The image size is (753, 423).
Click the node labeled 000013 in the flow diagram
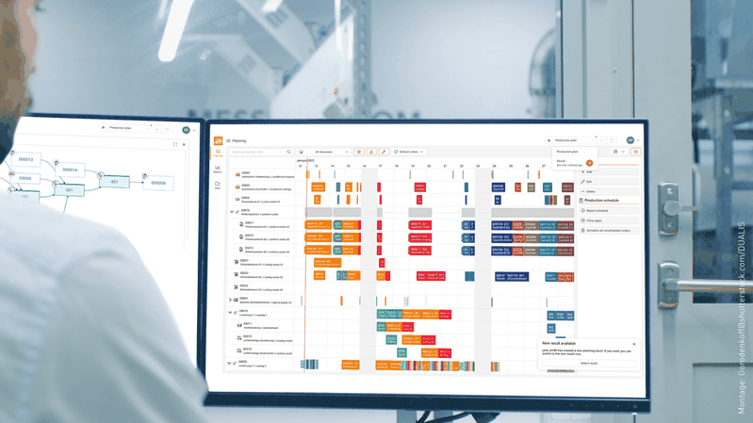pos(26,160)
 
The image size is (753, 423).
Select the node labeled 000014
pos(70,170)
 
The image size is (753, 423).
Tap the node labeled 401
pos(114,182)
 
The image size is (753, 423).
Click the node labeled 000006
pos(158,183)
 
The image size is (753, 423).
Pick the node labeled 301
pos(69,189)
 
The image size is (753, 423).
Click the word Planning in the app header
pos(238,140)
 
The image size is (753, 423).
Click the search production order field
pos(259,152)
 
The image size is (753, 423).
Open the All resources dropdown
pos(325,152)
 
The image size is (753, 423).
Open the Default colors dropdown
pos(411,152)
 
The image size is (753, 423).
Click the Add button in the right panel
pos(589,171)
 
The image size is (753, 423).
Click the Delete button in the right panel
pos(591,191)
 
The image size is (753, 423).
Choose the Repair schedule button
pos(597,210)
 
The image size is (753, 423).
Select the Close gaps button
pos(594,220)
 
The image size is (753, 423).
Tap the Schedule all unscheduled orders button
pos(607,230)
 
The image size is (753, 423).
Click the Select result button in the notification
pos(589,363)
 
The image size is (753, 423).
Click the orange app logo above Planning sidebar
pos(218,140)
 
